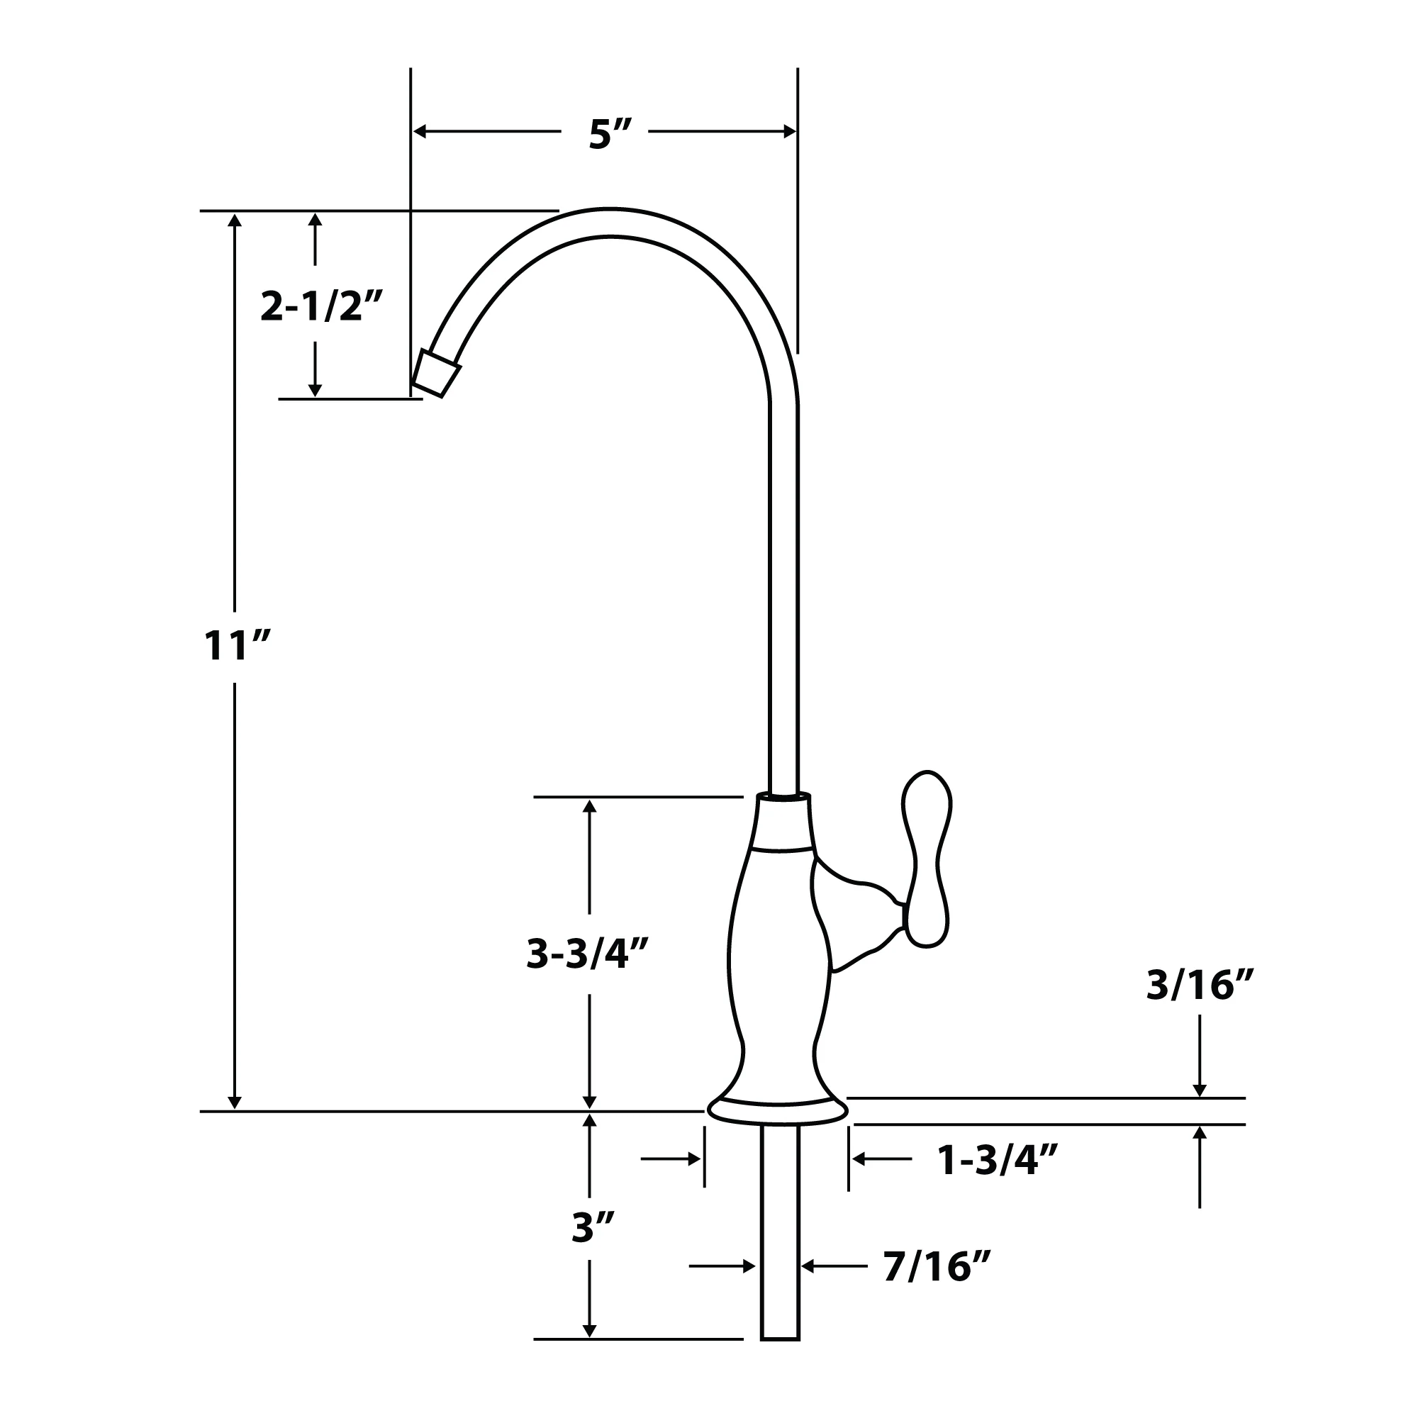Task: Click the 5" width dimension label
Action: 609,134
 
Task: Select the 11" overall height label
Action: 237,646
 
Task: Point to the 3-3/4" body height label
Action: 588,954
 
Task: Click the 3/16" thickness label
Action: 1200,985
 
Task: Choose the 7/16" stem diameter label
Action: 937,1288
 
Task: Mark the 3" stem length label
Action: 593,1227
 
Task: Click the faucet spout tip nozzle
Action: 437,374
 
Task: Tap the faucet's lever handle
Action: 926,859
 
